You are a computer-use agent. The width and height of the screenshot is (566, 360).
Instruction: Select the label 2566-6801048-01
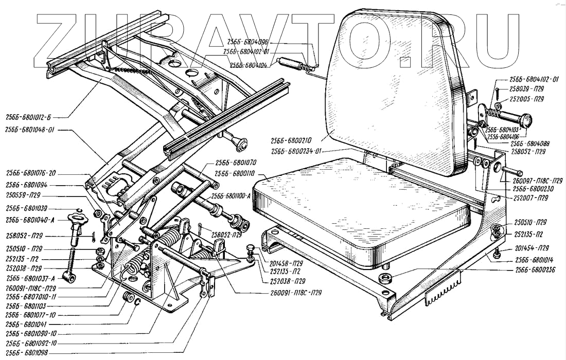pos(31,131)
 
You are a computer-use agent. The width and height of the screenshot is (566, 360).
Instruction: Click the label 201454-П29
pos(531,248)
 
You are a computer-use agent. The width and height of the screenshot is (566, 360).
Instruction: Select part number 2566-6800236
pos(535,269)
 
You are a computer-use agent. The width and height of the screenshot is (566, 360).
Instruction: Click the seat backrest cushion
pos(391,87)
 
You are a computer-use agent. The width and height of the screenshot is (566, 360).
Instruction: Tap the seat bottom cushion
pos(360,206)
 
